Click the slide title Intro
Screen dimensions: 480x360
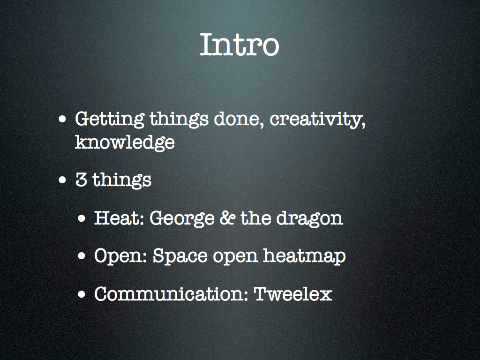pyautogui.click(x=240, y=45)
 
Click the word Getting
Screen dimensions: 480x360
pyautogui.click(x=110, y=120)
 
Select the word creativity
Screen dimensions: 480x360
pyautogui.click(x=317, y=120)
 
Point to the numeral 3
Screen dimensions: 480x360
pyautogui.click(x=81, y=180)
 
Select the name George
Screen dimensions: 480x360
pyautogui.click(x=182, y=218)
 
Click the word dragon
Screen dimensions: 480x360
pyautogui.click(x=309, y=218)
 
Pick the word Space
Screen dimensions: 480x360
pyautogui.click(x=180, y=256)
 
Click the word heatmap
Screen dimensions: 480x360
pyautogui.click(x=304, y=256)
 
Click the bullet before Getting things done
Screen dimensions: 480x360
pyautogui.click(x=62, y=119)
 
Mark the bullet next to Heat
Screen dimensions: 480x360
pyautogui.click(x=82, y=218)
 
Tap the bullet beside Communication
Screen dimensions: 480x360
pyautogui.click(x=82, y=294)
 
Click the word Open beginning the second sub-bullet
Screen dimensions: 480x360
pyautogui.click(x=121, y=256)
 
